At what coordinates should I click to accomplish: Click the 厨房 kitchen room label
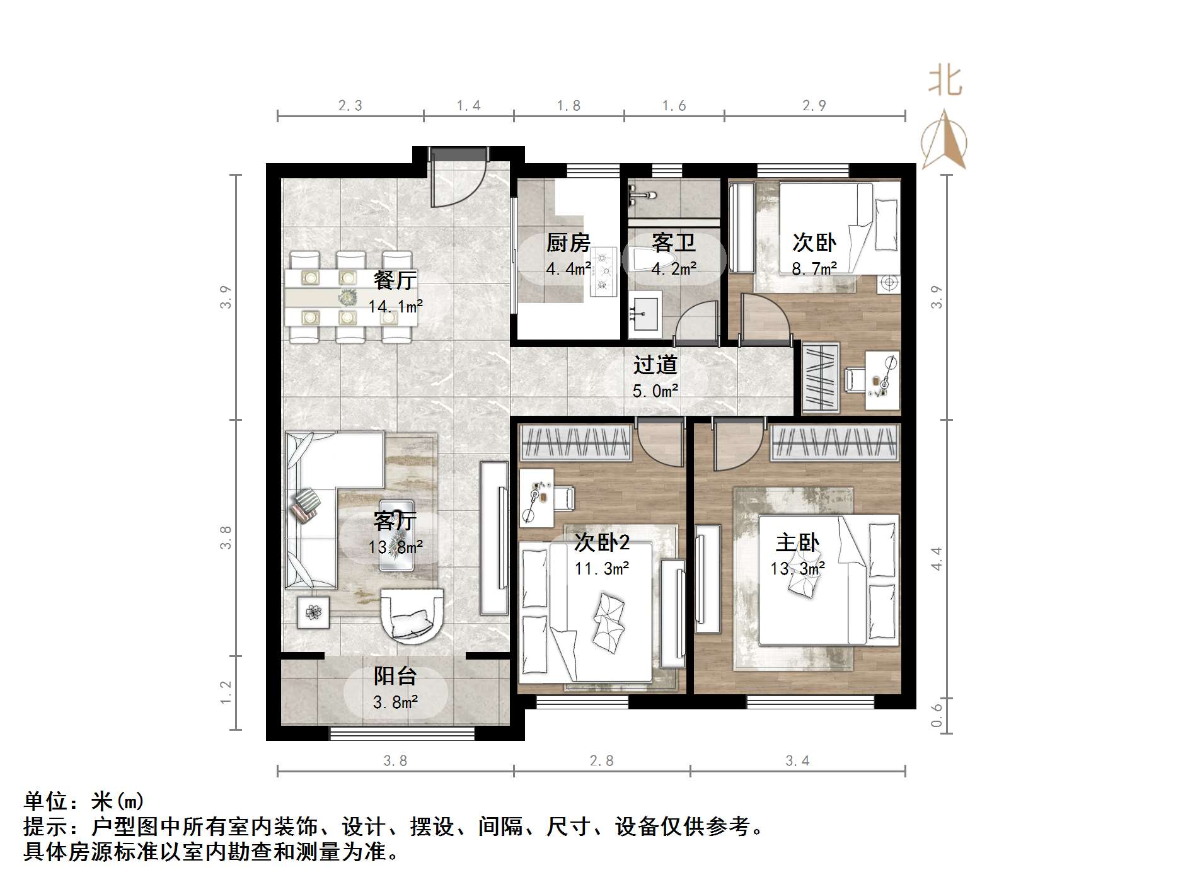click(568, 243)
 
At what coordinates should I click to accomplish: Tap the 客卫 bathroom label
click(673, 243)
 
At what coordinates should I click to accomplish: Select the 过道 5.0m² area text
click(655, 391)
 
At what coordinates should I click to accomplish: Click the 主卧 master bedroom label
click(797, 542)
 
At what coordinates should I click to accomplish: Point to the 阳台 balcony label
click(395, 676)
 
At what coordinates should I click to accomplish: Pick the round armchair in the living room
click(412, 615)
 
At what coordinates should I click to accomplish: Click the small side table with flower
click(313, 611)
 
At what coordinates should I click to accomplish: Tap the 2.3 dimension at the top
click(350, 105)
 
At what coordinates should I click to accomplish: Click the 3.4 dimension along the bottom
click(797, 761)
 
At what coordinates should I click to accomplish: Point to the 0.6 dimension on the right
click(937, 715)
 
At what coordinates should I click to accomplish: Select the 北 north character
click(945, 81)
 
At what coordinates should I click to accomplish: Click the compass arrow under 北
click(944, 141)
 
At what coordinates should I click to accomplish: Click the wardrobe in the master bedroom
click(834, 441)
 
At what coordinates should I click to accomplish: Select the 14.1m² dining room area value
click(395, 307)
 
